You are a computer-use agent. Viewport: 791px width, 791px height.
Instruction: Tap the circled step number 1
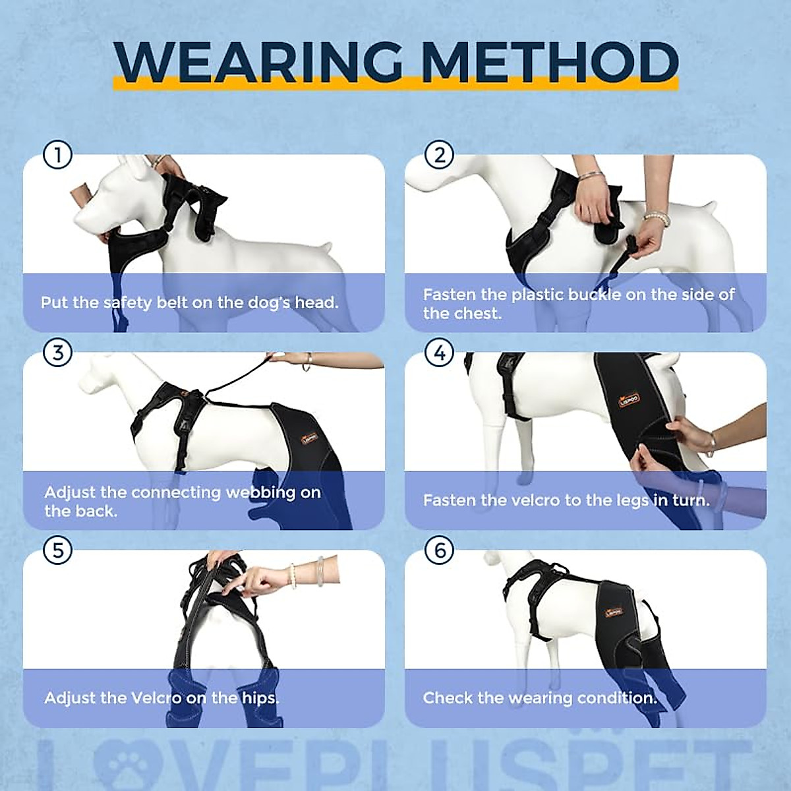(x=57, y=156)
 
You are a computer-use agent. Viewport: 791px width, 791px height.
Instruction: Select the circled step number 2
(x=440, y=156)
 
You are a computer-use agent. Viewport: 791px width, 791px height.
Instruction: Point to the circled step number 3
(x=57, y=353)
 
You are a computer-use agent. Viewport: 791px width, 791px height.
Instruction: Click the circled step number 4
(x=440, y=353)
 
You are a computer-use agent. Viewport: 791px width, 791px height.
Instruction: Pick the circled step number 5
(x=57, y=550)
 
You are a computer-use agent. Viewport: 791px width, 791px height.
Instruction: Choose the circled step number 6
(x=440, y=550)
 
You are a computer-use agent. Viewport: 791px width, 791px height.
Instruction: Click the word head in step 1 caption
(x=316, y=303)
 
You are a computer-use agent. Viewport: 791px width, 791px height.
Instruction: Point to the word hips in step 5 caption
(x=260, y=698)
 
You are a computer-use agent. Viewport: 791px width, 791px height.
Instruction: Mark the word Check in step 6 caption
(x=444, y=698)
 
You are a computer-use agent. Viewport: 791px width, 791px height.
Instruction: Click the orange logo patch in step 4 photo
(x=629, y=399)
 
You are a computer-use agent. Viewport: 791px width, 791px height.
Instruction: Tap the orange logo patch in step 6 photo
(x=613, y=611)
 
